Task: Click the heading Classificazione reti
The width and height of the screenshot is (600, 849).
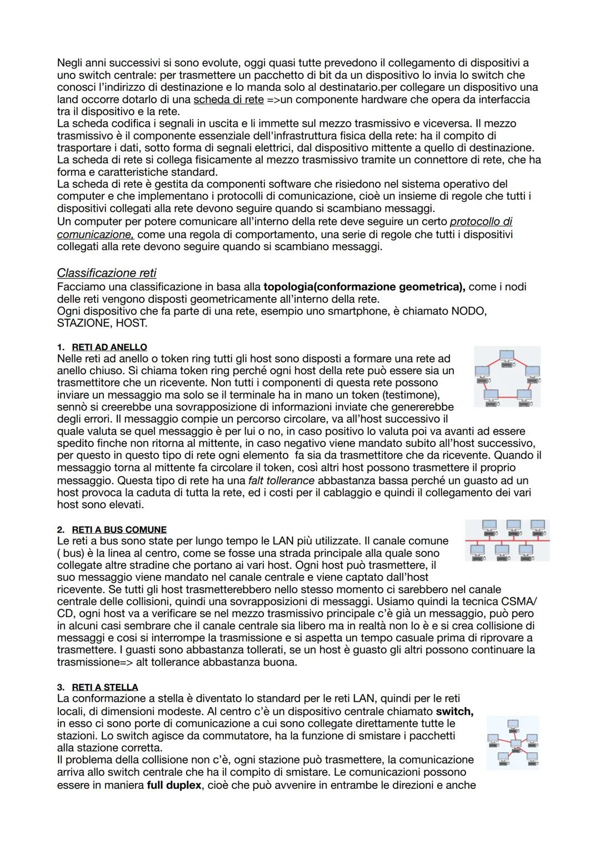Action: point(107,273)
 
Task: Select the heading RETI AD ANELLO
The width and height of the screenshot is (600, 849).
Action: point(109,347)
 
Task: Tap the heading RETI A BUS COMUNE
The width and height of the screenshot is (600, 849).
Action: point(119,529)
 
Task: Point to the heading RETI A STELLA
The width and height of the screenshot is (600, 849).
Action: point(105,687)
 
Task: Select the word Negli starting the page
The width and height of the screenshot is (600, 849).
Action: point(72,63)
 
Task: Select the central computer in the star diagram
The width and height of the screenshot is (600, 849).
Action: point(516,744)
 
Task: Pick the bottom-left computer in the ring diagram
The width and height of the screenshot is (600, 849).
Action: point(491,395)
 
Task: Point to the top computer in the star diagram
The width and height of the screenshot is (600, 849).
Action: point(513,724)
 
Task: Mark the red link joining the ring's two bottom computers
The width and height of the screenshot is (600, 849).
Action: point(507,398)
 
